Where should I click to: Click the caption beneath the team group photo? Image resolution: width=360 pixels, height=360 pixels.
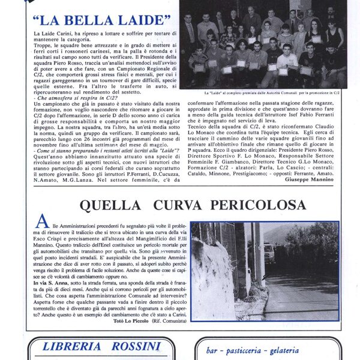pos(270,94)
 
